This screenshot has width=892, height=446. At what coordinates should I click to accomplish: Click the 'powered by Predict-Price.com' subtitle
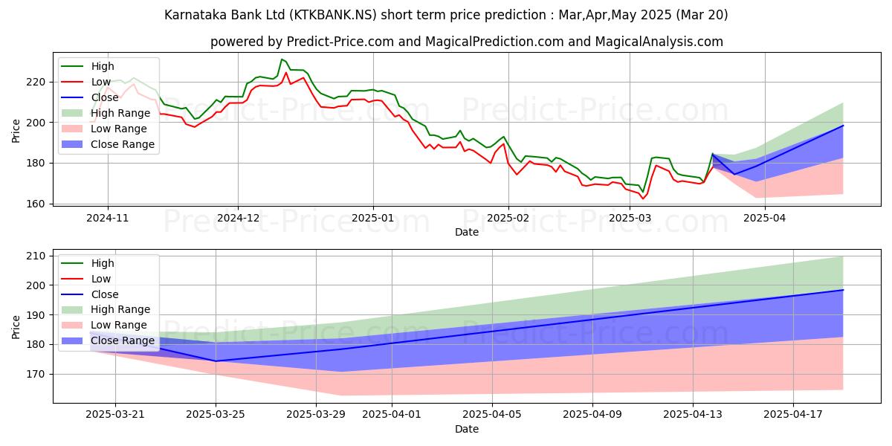(466, 42)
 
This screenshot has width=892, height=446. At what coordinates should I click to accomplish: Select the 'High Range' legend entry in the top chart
(123, 113)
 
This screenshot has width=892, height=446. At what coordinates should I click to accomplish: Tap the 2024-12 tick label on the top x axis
(238, 219)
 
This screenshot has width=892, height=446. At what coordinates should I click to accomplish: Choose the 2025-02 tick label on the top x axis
(508, 219)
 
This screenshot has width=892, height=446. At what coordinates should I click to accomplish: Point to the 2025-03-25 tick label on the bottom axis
(216, 414)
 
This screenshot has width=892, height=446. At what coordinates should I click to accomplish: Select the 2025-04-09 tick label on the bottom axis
(592, 414)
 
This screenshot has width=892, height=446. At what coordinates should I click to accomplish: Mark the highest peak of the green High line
(281, 59)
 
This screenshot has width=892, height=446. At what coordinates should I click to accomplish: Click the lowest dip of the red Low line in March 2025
(644, 198)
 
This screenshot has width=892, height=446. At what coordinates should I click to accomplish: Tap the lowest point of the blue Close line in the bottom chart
(216, 361)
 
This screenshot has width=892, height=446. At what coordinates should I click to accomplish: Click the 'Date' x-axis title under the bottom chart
(466, 429)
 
